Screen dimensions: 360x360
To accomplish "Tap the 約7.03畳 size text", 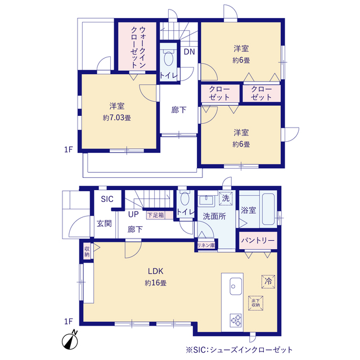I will pyautogui.click(x=117, y=118).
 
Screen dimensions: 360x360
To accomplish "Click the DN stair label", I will pyautogui.click(x=190, y=52).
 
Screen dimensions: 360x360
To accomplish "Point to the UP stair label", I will pyautogui.click(x=133, y=215).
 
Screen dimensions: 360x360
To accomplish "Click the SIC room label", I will pyautogui.click(x=107, y=199).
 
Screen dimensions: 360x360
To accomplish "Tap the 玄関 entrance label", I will pyautogui.click(x=104, y=223).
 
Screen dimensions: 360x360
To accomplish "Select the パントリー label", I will pyautogui.click(x=258, y=240).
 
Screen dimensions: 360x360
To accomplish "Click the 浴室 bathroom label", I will pyautogui.click(x=249, y=210).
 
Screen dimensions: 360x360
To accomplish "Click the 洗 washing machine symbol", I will pyautogui.click(x=225, y=199).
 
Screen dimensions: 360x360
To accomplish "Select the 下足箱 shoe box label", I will pyautogui.click(x=155, y=215).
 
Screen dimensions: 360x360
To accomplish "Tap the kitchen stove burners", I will pyautogui.click(x=235, y=321).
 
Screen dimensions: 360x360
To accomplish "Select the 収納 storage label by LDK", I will pyautogui.click(x=87, y=251).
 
